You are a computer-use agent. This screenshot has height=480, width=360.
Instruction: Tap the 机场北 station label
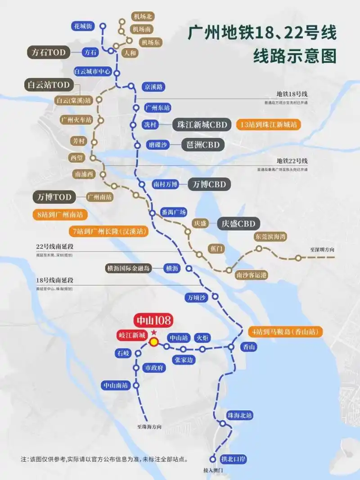[x=143, y=17]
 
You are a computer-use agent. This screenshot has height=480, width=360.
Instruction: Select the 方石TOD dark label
[x=49, y=53]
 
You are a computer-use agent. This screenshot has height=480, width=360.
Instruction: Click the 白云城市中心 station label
[x=92, y=72]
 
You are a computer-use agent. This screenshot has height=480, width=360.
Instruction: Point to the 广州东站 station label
[x=157, y=108]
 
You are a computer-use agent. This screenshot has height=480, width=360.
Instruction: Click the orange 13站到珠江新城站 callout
[x=269, y=125]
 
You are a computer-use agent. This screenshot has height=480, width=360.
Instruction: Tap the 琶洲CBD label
[x=202, y=145]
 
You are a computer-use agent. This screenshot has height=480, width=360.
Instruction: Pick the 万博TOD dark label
[x=52, y=197]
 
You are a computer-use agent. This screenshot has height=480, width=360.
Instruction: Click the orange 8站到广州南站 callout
[x=60, y=215]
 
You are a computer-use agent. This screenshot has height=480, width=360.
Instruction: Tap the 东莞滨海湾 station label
[x=270, y=237]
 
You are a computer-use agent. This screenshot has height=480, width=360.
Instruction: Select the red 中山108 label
[x=153, y=321]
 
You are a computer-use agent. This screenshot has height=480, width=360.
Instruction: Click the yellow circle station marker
[x=154, y=342]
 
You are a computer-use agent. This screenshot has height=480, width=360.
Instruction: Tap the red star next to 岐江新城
[x=154, y=332]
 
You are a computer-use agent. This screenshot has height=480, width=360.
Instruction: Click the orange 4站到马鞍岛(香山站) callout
[x=288, y=332]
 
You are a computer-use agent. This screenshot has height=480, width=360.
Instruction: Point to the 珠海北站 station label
[x=239, y=415]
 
